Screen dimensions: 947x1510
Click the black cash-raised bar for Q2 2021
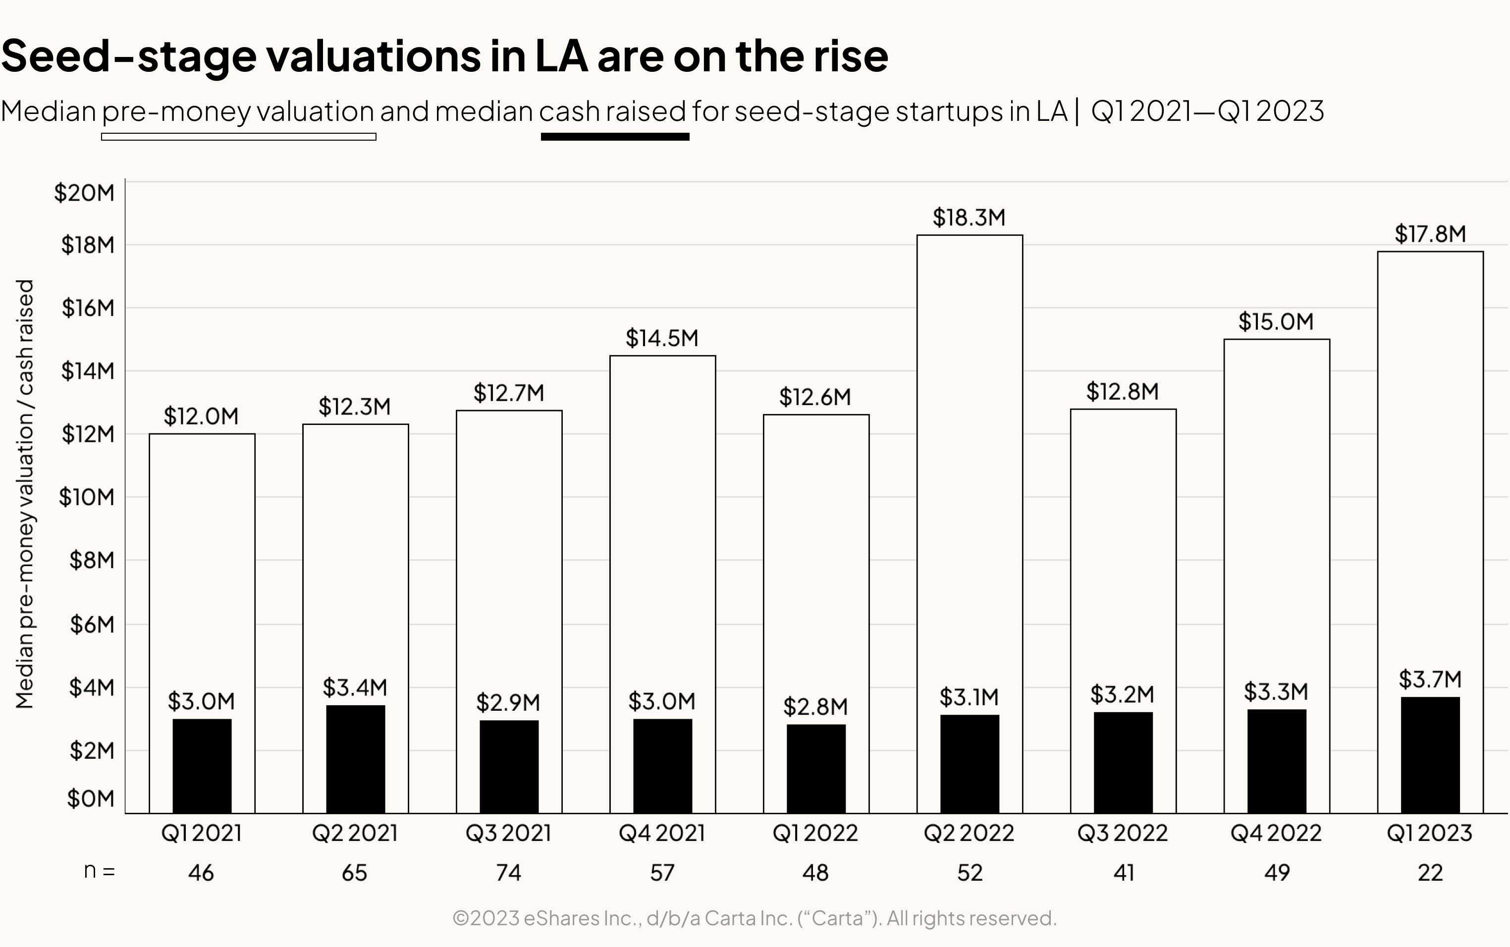click(355, 759)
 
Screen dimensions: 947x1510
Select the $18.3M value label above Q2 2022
click(969, 218)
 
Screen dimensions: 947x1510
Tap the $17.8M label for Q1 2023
click(1430, 234)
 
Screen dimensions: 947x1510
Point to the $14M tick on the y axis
click(88, 371)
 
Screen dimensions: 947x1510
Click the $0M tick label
click(91, 798)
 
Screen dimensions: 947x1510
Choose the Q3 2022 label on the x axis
click(1122, 833)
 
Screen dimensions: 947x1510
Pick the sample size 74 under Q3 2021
click(509, 873)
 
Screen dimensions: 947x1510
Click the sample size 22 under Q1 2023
click(1430, 873)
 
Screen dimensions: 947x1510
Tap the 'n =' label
click(100, 871)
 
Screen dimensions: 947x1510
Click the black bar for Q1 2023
click(1430, 755)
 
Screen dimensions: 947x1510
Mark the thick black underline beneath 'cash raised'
click(614, 137)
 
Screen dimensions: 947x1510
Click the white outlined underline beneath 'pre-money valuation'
click(239, 137)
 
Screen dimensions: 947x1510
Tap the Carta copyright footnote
click(754, 918)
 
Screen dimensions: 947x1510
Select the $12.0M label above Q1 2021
click(201, 417)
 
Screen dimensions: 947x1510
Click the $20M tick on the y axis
click(85, 193)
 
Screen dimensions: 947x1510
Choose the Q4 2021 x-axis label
click(662, 833)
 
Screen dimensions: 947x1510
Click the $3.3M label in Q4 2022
click(1276, 692)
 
